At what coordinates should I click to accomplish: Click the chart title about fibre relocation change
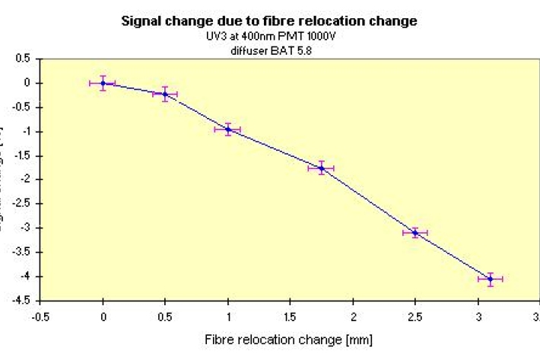pos(269,21)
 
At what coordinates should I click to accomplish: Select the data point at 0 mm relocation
pos(103,83)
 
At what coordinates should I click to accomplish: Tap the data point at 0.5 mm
pos(165,94)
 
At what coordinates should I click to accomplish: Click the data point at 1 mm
pos(227,129)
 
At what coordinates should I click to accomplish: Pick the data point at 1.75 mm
pos(321,168)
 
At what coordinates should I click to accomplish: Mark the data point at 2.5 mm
pos(415,232)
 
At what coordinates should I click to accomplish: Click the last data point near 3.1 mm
pos(491,279)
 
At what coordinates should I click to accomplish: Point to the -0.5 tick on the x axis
pos(40,316)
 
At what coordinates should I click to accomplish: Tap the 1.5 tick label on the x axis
pos(290,316)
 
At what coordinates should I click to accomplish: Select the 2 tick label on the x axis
pos(353,316)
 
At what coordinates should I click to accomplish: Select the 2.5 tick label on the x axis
pos(415,316)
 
